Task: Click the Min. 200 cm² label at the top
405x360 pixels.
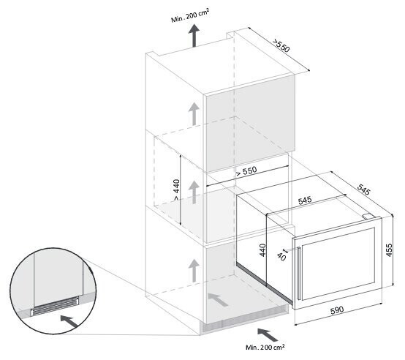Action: [190, 16]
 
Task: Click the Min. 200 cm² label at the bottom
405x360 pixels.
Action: [265, 348]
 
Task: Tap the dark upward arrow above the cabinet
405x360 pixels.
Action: [194, 36]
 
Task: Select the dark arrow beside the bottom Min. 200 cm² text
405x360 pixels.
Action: [268, 335]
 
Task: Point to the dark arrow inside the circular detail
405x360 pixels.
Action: [70, 321]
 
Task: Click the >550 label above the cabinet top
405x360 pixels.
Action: [281, 45]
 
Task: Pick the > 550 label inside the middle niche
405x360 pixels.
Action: [246, 171]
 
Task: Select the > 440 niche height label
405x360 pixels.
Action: [176, 190]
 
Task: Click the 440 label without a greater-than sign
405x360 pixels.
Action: [262, 250]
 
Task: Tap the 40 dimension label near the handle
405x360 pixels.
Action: [281, 256]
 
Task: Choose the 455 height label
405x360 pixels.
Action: [389, 250]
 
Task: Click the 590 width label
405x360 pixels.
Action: [337, 310]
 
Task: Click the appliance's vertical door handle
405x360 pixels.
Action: [299, 273]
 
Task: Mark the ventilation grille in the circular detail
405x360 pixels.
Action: [55, 306]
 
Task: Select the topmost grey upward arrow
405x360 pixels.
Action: [194, 113]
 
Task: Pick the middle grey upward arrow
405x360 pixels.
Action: [194, 192]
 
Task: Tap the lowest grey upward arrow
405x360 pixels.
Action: [194, 271]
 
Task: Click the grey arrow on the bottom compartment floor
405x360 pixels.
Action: [218, 299]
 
